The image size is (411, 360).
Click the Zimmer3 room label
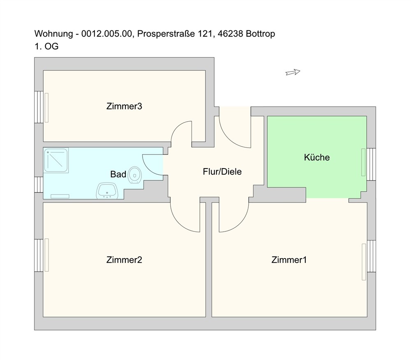(124, 106)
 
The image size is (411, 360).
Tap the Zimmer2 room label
(124, 260)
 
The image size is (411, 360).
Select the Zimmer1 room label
(289, 260)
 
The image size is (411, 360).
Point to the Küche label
(316, 157)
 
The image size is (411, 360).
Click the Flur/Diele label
(222, 172)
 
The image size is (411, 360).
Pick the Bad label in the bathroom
(118, 174)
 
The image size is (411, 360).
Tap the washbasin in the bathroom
(107, 191)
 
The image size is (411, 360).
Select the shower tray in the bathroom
(56, 160)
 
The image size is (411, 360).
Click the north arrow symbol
(293, 72)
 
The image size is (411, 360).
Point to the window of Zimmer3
(39, 107)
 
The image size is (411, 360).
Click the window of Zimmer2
(39, 255)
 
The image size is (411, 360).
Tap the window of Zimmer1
(372, 256)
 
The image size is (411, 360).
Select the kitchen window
(371, 164)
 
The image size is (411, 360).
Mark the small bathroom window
(39, 185)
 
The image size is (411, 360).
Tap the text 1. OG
(46, 46)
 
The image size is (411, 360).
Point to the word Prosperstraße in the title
(166, 34)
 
